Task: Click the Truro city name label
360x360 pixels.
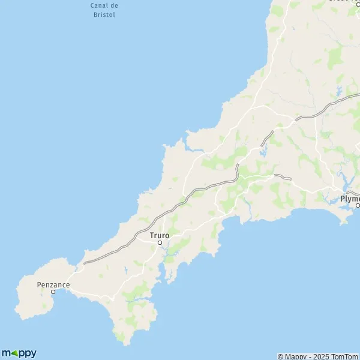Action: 160,235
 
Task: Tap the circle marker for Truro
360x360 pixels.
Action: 160,242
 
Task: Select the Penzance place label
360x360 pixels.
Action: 53,284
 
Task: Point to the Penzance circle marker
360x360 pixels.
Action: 53,292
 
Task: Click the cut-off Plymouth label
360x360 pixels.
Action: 350,198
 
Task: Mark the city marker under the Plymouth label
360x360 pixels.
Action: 358,205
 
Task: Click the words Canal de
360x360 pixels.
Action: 104,5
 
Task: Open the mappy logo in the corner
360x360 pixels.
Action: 19,353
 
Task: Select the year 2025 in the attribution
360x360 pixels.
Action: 318,356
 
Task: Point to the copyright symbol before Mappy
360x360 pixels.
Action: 280,356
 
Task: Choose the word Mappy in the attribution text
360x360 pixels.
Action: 294,356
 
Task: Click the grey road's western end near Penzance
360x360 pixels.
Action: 85,263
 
